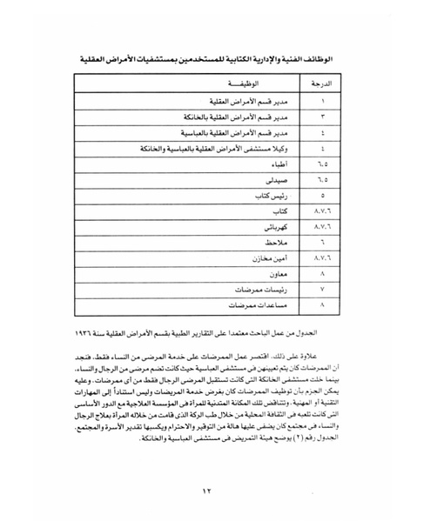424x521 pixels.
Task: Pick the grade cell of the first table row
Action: [321, 100]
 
